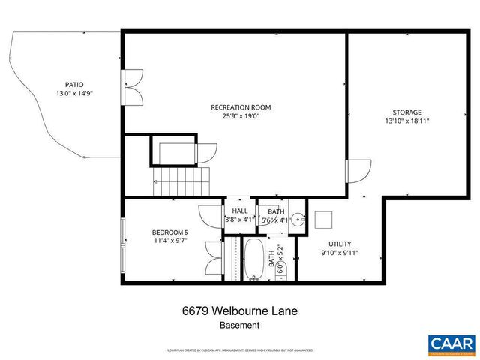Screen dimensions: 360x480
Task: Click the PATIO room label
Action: (x=73, y=85)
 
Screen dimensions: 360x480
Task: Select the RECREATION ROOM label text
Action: (x=240, y=107)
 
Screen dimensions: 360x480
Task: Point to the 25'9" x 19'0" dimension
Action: (x=240, y=116)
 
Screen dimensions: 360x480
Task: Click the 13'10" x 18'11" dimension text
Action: (x=406, y=121)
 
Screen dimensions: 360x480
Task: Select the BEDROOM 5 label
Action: (x=169, y=232)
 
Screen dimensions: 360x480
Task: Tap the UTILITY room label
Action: (x=340, y=244)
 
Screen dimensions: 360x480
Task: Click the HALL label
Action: (x=240, y=211)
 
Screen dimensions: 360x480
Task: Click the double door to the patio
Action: (x=133, y=86)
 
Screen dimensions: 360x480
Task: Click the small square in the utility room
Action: (x=324, y=220)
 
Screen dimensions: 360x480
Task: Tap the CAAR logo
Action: (x=451, y=343)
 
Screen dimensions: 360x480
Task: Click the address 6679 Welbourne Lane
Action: (x=240, y=310)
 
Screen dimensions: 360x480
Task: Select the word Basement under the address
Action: (x=240, y=325)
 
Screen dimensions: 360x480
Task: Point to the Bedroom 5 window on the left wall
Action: (x=124, y=241)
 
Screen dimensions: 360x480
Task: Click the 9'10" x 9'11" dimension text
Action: (x=340, y=253)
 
